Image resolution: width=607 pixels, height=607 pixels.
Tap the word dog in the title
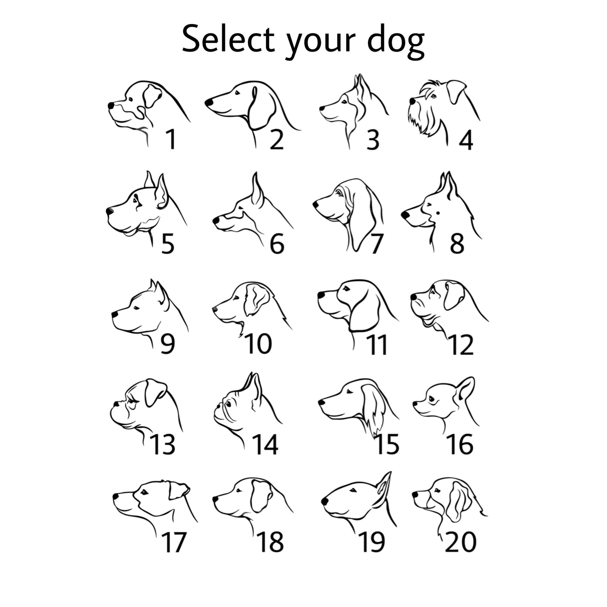396,42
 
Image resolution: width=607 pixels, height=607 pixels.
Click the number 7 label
376,244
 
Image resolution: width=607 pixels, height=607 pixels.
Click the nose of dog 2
209,102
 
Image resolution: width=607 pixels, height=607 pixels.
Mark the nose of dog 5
109,211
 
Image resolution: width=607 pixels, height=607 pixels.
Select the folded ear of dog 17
179,491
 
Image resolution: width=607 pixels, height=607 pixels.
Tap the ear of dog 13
155,392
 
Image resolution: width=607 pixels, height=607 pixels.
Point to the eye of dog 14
229,404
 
